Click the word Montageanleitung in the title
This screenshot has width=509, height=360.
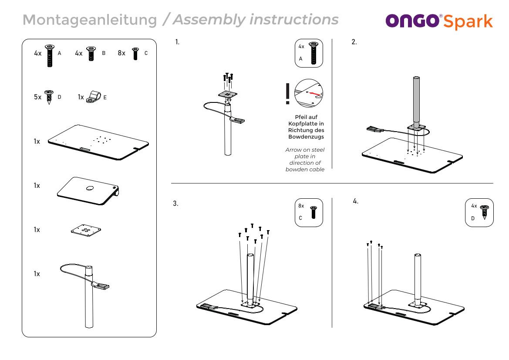90,20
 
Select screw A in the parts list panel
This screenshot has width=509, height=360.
50,55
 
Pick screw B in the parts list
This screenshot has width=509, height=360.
91,53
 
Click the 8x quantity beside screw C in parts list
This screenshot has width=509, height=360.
121,53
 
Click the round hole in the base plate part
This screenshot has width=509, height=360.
90,188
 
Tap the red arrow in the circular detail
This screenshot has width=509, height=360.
315,93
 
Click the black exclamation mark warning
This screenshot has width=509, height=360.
287,94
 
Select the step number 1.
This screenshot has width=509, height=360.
177,42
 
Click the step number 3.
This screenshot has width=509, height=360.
175,204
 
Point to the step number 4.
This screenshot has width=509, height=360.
356,201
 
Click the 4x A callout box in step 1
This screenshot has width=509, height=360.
309,53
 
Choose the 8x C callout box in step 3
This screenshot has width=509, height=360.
309,212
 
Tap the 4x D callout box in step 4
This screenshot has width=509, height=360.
479,212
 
